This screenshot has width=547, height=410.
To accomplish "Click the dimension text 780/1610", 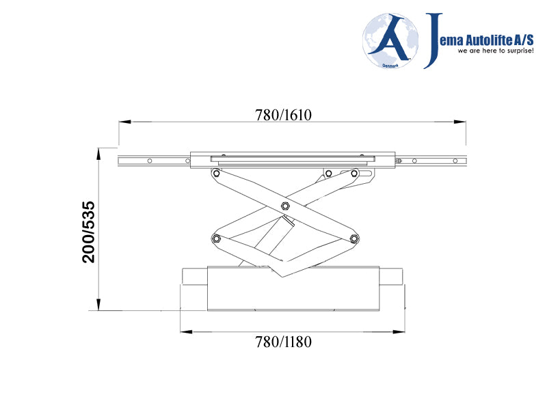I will [283, 115].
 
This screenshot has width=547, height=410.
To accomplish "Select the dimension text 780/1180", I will [283, 341].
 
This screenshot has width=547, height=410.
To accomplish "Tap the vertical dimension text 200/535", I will [88, 232].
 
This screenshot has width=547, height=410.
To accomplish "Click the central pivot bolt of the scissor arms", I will [285, 206].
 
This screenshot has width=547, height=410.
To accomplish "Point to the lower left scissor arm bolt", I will [217, 238].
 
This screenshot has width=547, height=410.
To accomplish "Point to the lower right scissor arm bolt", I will [353, 238].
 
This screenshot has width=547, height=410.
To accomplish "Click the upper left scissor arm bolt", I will [216, 174].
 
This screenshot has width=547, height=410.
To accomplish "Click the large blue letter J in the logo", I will [433, 40].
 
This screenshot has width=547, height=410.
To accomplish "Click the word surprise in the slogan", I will [515, 51].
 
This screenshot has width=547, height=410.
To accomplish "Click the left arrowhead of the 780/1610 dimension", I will [124, 122].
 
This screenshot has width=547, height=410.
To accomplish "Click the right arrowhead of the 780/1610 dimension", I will [462, 122].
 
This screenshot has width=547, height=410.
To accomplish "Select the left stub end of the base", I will [194, 277].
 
